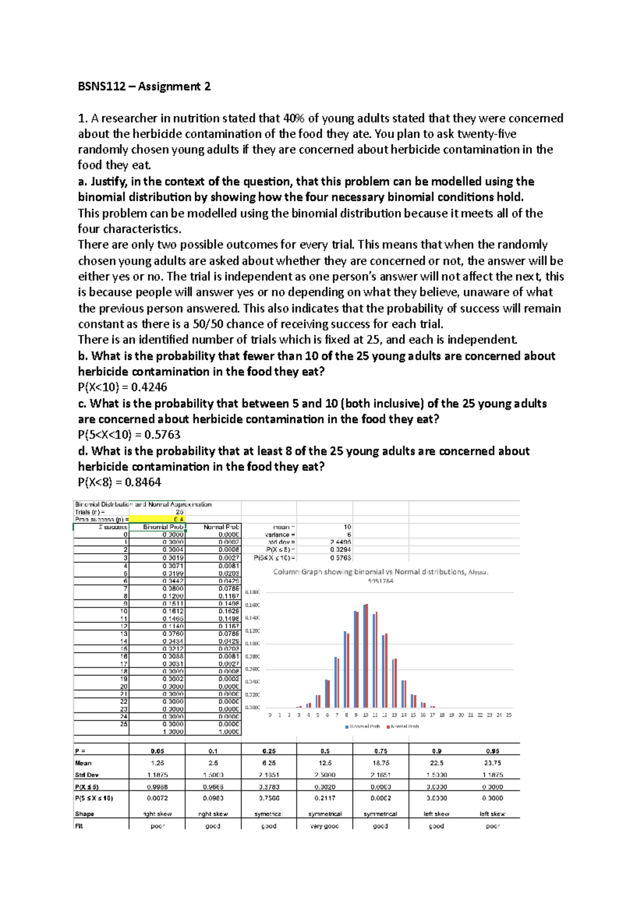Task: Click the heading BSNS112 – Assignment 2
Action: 144,86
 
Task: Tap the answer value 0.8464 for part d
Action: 143,482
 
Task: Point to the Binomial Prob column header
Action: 163,527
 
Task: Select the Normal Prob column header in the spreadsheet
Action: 221,527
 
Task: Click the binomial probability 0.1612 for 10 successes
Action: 173,611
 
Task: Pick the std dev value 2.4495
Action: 340,542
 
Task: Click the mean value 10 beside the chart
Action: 347,527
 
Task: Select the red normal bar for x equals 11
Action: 377,659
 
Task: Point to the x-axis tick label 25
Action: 509,715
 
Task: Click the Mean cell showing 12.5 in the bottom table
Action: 325,763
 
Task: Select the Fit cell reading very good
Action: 324,826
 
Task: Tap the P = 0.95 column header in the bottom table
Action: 492,751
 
